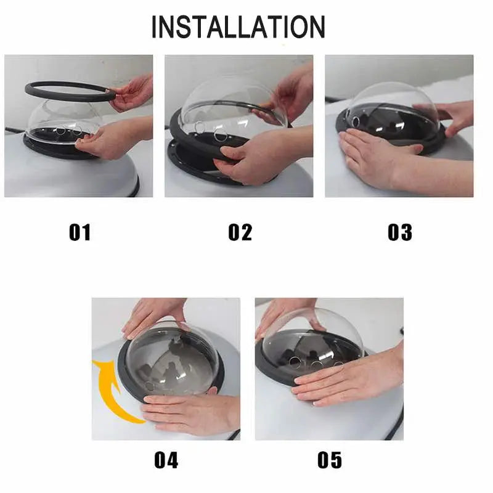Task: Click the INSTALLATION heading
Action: point(238,26)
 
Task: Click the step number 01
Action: point(80,232)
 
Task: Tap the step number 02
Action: point(240,232)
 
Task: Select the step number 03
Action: point(399,232)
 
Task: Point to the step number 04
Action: point(166,460)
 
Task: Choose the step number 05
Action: point(330,460)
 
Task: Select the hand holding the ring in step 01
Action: point(132,93)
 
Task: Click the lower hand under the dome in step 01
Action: point(116,138)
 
